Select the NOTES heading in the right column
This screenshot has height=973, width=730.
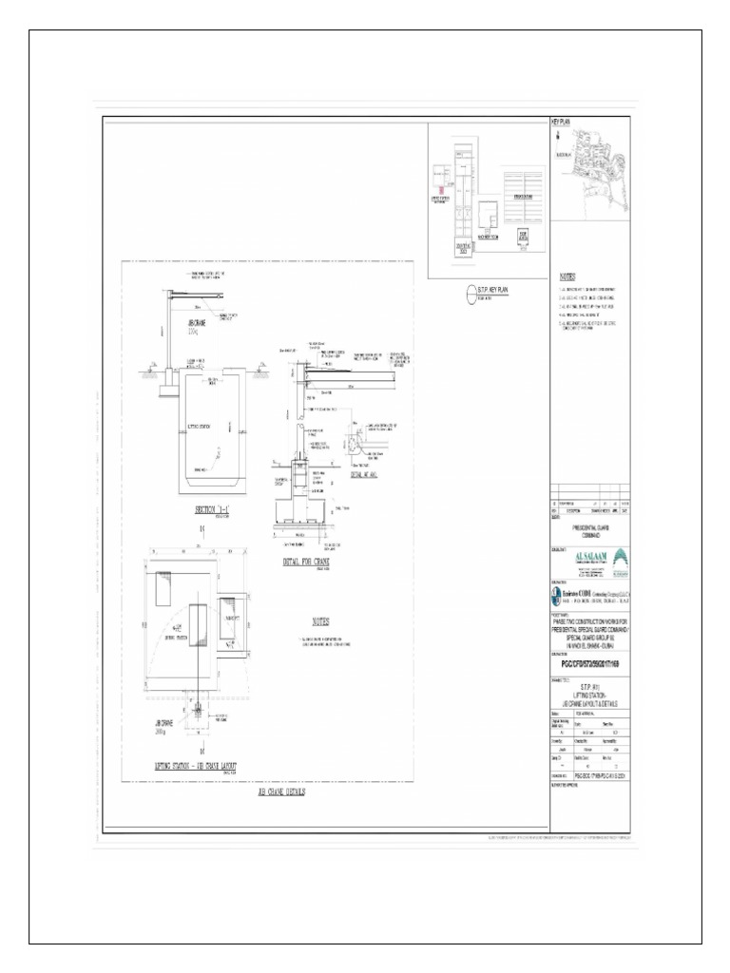pyautogui.click(x=569, y=273)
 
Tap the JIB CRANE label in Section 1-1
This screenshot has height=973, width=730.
pyautogui.click(x=184, y=323)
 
